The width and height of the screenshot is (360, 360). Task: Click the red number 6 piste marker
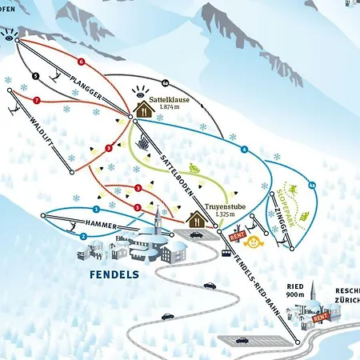pyautogui.click(x=81, y=62)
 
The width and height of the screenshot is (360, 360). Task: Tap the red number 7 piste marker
pyautogui.click(x=37, y=100)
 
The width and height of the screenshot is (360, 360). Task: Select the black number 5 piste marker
pyautogui.click(x=36, y=76)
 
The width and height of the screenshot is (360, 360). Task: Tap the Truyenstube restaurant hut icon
pyautogui.click(x=196, y=217)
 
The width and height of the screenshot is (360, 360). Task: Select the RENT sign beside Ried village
pyautogui.click(x=321, y=318)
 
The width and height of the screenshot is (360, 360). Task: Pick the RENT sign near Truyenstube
pyautogui.click(x=236, y=236)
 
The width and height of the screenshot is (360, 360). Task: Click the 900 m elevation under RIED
pyautogui.click(x=296, y=295)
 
